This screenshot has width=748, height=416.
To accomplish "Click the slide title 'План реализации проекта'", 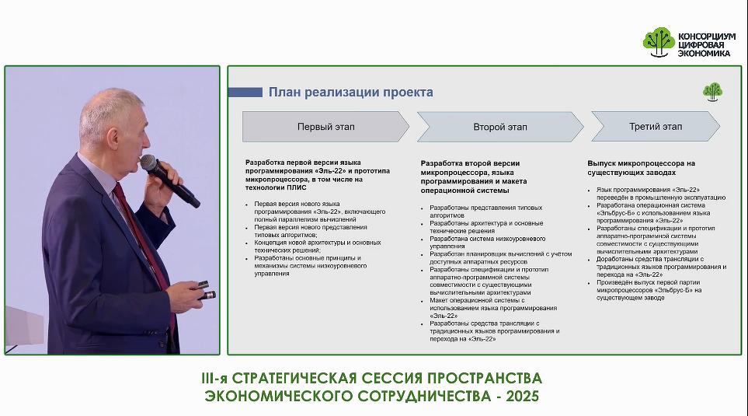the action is point(350,93).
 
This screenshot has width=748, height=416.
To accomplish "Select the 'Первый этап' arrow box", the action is point(325,127).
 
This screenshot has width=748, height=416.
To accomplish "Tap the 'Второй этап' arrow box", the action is point(500,127).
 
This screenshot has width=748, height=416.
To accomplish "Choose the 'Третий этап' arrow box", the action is point(656,127).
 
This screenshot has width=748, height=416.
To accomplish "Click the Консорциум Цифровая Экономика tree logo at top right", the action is point(659,42).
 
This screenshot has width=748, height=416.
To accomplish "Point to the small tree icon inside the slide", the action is point(713,92).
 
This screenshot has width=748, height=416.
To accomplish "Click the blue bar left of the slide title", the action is point(245,93).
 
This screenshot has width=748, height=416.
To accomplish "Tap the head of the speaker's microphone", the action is point(148,163).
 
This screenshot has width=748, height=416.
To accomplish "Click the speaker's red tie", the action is point(143,239).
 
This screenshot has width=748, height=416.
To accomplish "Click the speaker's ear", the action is point(113,137).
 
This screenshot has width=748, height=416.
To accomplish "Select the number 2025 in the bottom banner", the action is point(523,397).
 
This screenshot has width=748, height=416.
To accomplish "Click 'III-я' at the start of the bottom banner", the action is point(214,378).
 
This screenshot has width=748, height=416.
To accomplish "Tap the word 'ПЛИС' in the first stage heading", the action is point(297,187).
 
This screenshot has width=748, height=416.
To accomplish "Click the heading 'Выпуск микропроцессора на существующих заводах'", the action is point(641,168).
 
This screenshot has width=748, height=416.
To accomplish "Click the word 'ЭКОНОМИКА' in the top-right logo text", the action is point(704,54).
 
